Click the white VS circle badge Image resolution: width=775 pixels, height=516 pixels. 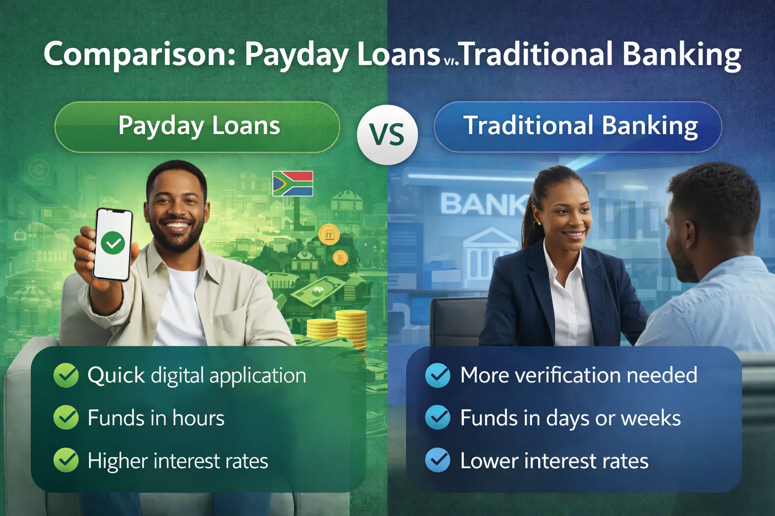tap(387, 135)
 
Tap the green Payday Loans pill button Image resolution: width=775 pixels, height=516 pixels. tap(197, 126)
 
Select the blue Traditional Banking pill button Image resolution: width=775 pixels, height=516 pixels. tap(578, 126)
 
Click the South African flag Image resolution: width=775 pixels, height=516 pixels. tap(293, 183)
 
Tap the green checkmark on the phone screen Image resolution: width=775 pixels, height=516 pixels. tap(113, 243)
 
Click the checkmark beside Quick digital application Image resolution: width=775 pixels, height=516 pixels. tap(66, 375)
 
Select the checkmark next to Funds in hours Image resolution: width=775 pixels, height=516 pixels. tap(66, 418)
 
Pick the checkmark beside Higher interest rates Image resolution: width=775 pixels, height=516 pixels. tap(66, 460)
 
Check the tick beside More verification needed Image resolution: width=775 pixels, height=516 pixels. tap(437, 375)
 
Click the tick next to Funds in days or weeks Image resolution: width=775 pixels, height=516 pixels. tap(437, 418)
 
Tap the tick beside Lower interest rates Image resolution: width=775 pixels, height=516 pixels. tap(437, 460)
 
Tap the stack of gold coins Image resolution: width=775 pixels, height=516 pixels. tap(351, 328)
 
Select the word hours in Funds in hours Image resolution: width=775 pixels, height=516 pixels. tap(198, 418)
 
